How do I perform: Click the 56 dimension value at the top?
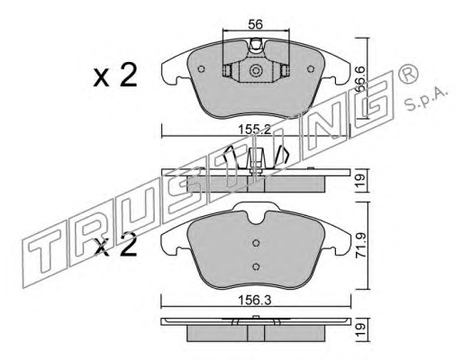click(x=256, y=24)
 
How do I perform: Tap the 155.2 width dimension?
click(x=255, y=130)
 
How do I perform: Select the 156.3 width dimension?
click(x=255, y=300)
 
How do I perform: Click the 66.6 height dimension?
click(x=360, y=79)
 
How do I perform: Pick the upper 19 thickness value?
click(x=360, y=180)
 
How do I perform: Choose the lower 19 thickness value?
click(x=360, y=329)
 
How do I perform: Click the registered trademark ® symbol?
click(x=408, y=74)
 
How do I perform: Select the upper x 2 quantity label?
click(x=115, y=75)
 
